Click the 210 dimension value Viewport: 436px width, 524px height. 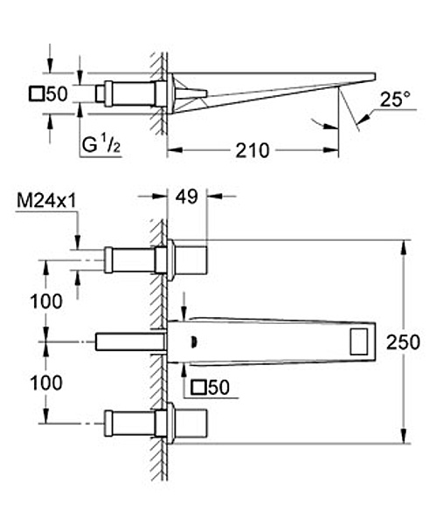tap(253, 150)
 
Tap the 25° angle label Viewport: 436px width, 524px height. tap(395, 100)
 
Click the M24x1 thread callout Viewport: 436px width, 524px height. tap(46, 201)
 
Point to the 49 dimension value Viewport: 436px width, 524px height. tap(187, 196)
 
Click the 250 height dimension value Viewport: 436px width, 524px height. tap(403, 342)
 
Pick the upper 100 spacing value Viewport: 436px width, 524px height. tap(46, 301)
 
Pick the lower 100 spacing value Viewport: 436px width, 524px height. tap(46, 383)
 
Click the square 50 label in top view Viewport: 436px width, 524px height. tap(48, 93)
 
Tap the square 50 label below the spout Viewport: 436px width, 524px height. tap(211, 387)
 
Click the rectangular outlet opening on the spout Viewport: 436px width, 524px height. tap(359, 341)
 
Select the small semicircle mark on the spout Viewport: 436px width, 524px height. tap(194, 341)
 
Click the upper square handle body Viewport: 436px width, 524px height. tap(190, 260)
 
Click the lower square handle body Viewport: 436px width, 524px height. tap(190, 423)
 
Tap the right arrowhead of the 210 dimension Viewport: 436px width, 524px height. tap(331, 150)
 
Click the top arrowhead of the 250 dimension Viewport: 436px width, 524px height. tap(404, 247)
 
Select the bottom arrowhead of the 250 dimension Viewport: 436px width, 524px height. tap(404, 437)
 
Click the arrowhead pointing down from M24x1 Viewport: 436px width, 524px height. tap(78, 242)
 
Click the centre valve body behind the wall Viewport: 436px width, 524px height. tap(130, 341)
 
